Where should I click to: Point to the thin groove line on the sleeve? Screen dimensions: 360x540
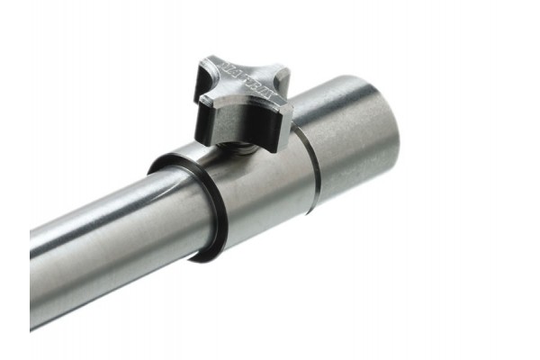click(x=310, y=171)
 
